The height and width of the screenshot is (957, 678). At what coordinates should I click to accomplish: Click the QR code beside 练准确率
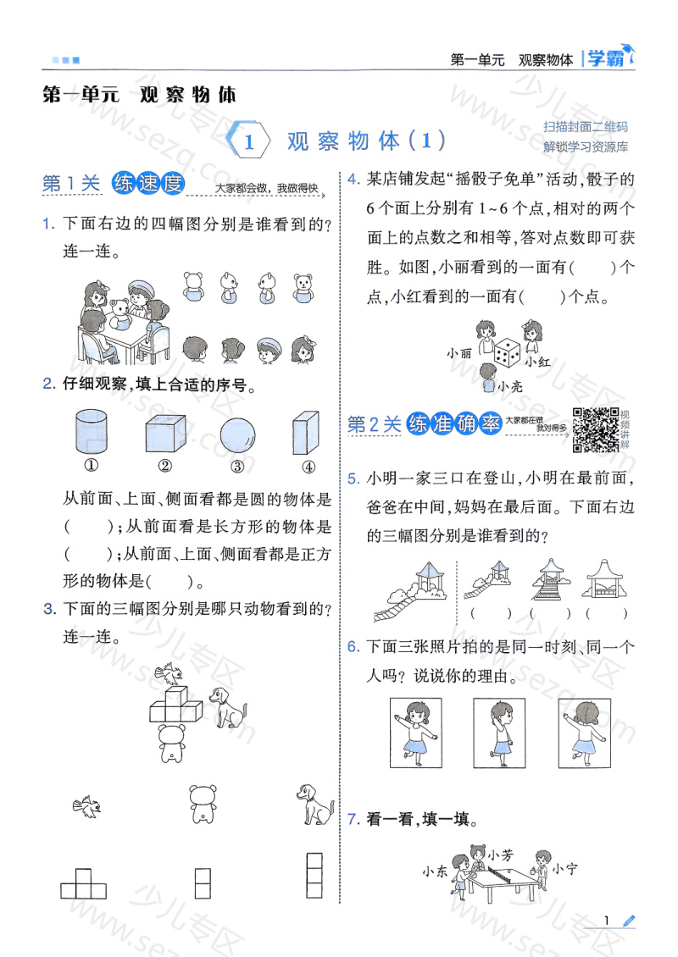pos(596,429)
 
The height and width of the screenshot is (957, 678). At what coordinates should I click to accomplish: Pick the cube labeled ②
pos(164,434)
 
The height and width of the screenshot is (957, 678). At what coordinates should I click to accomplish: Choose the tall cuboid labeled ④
pos(306,434)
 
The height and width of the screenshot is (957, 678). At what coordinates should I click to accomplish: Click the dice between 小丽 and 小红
pos(507,352)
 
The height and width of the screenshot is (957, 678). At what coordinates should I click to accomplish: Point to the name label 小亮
pos(512,387)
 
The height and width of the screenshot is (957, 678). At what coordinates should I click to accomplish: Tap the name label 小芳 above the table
pos(501,855)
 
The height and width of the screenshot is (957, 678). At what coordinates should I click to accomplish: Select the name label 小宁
pos(564,869)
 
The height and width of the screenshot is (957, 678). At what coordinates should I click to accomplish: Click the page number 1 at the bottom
pos(608,922)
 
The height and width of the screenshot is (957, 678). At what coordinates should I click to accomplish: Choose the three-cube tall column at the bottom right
pos(314,874)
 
